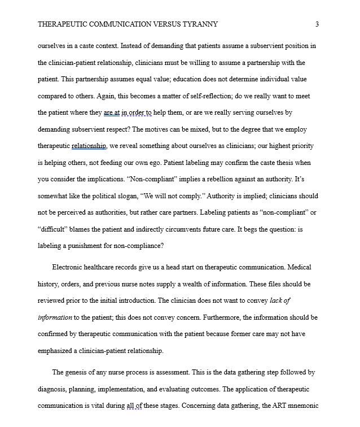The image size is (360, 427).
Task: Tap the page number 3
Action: point(317,24)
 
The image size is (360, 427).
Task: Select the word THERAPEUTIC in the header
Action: point(60,24)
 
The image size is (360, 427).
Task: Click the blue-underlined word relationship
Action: point(89,146)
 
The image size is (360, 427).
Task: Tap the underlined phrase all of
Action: point(133,406)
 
